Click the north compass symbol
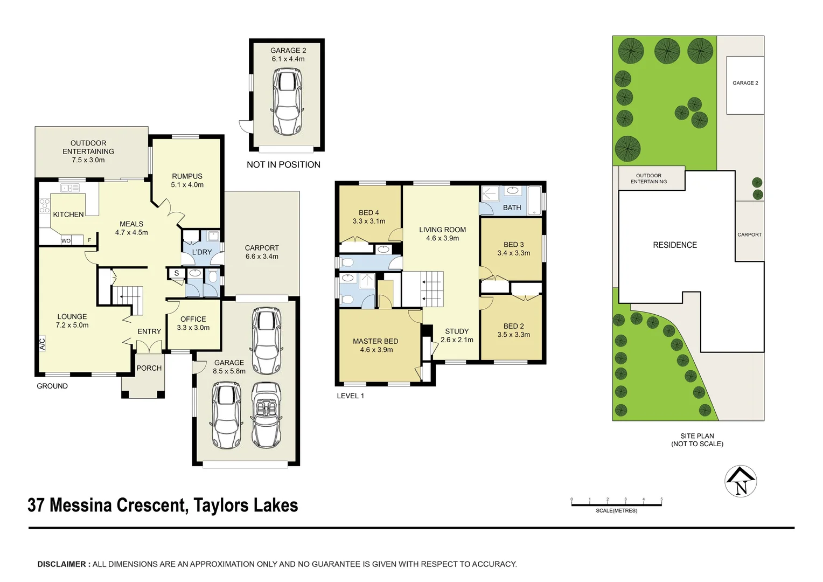pos(741,481)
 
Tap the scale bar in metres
pos(616,504)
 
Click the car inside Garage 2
pos(287,102)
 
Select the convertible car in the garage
pos(267,415)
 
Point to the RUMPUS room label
pos(187,176)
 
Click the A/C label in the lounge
pos(43,343)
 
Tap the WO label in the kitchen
pos(66,241)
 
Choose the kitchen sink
pos(70,188)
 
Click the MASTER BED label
pos(375,341)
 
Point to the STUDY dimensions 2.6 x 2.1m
pos(457,340)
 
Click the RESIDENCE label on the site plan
pos(674,245)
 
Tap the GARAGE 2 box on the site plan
pos(745,85)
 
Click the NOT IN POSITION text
pos(283,165)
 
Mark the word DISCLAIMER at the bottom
pos(61,564)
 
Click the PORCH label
pos(149,368)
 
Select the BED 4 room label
pos(369,213)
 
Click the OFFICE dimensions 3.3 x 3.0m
pos(193,328)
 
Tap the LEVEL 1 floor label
pos(350,396)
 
